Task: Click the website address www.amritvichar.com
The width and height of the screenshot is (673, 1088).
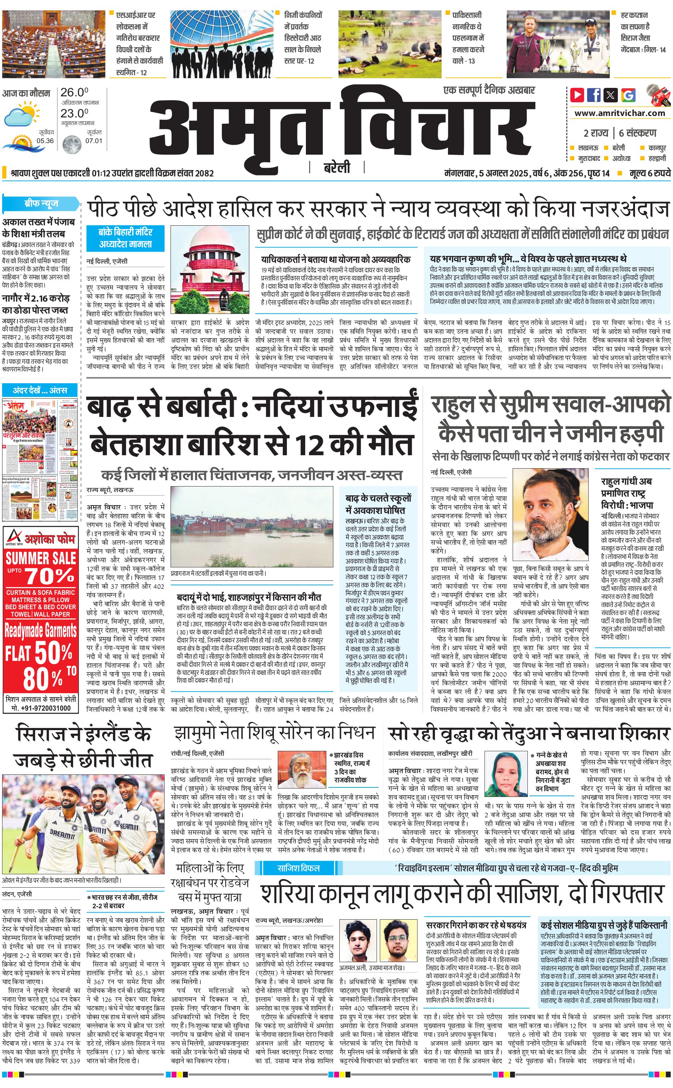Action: click(x=619, y=113)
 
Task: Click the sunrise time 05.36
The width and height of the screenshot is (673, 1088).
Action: click(x=45, y=141)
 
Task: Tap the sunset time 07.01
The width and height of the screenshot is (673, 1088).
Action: click(x=94, y=141)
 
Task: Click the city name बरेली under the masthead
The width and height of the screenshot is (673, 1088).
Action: click(x=336, y=167)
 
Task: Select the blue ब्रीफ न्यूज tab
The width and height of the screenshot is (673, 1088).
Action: click(x=41, y=203)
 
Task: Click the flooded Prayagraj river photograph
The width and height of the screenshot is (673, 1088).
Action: click(x=251, y=526)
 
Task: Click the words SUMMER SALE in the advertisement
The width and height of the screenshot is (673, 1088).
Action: click(x=40, y=558)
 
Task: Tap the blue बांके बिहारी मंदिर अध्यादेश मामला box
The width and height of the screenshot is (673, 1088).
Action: click(x=126, y=238)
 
